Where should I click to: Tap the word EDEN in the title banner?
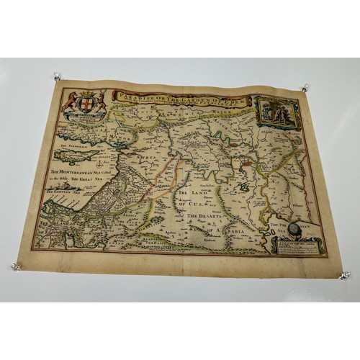click(x=235, y=102)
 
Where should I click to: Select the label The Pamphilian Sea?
click(x=64, y=140)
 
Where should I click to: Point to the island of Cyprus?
click(x=79, y=154)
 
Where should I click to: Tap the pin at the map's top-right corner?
click(x=305, y=89)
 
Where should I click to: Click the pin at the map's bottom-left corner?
click(x=16, y=266)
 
